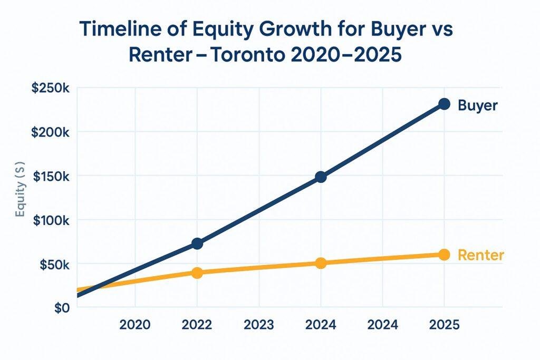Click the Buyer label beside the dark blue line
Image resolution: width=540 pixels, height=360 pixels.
pos(477,105)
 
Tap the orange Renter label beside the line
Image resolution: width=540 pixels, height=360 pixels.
pos(480,256)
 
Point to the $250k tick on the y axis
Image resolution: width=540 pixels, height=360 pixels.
pos(49,88)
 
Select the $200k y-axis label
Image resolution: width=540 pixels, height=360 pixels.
pos(49,132)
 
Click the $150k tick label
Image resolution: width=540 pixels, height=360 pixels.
pos(49,176)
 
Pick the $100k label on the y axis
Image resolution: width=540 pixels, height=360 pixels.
pos(49,220)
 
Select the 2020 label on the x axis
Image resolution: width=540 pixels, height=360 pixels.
pos(135,325)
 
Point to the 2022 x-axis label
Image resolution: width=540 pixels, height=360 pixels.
pos(197,325)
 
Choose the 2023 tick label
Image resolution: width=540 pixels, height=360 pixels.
pos(258,325)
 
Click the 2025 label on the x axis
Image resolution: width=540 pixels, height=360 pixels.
pos(444,325)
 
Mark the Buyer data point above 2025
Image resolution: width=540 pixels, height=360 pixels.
pos(444,104)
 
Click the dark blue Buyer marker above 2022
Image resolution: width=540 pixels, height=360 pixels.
pos(197,244)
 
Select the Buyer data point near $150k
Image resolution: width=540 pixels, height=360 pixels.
pos(321,177)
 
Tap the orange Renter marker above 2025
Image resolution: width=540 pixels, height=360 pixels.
pos(444,255)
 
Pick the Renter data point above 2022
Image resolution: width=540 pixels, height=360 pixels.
pos(197,273)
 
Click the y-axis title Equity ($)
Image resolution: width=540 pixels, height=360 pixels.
pos(21,198)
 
